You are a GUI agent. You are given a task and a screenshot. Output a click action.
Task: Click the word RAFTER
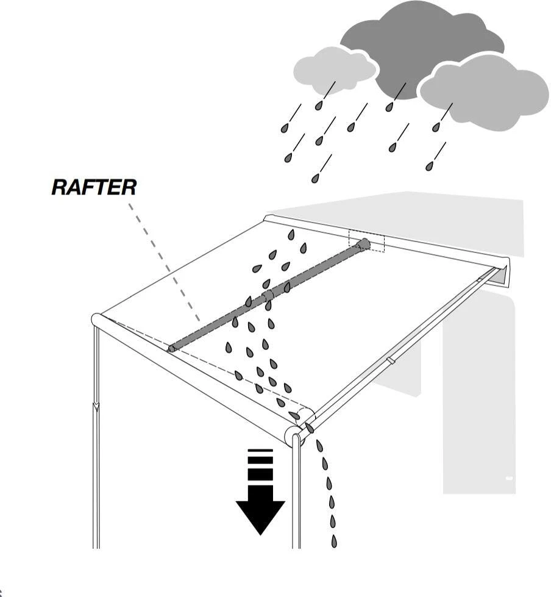(94, 187)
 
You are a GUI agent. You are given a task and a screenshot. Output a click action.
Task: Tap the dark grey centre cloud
(421, 43)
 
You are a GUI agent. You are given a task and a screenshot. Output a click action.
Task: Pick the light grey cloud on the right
(485, 91)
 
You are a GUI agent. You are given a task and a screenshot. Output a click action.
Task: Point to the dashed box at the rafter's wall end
(367, 241)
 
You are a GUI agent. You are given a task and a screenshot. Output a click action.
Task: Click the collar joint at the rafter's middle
(267, 295)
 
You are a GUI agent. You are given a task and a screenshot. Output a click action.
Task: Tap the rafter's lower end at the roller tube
(172, 348)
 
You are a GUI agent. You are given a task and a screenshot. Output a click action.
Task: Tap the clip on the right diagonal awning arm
(391, 361)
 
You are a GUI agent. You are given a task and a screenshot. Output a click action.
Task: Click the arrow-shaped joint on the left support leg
(96, 407)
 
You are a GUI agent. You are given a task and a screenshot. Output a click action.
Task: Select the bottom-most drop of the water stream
(334, 541)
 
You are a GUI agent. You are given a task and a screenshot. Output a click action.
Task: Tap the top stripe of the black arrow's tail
(260, 451)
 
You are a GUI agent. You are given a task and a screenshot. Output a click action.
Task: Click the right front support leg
(296, 494)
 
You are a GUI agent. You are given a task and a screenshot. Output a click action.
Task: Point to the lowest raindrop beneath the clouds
(315, 178)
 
